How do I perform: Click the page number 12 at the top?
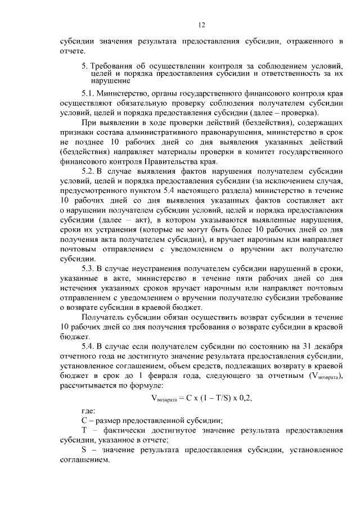[x=201, y=25]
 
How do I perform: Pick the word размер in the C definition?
[x=112, y=420]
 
